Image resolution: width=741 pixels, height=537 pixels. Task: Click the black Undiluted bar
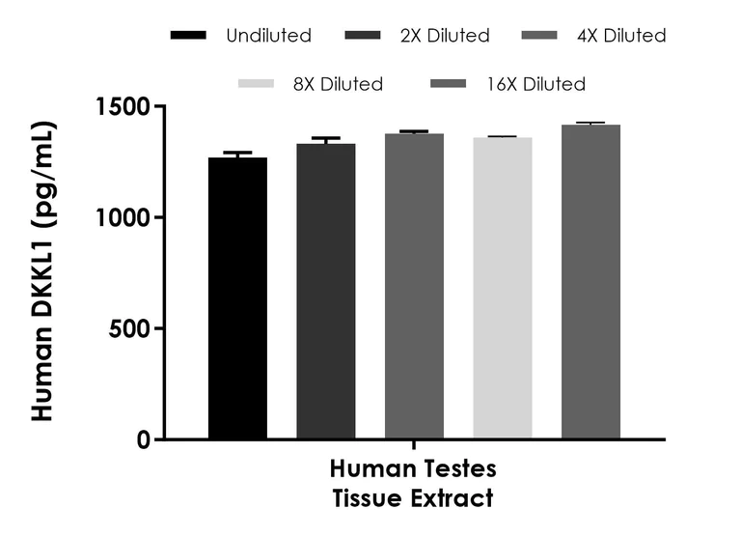pyautogui.click(x=238, y=298)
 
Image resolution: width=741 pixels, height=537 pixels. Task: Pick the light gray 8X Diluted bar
pyautogui.click(x=502, y=289)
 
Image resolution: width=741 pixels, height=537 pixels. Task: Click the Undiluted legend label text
pyautogui.click(x=268, y=36)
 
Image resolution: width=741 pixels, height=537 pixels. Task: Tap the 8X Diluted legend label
pyautogui.click(x=337, y=84)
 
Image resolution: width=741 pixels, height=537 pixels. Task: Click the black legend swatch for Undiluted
pyautogui.click(x=188, y=36)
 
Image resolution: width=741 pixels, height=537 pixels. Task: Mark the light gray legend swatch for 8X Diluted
pyautogui.click(x=258, y=84)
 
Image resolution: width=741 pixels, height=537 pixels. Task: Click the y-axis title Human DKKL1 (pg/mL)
pyautogui.click(x=43, y=272)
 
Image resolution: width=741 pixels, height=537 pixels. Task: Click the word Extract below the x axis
pyautogui.click(x=453, y=499)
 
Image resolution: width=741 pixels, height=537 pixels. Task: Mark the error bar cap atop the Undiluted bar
pyautogui.click(x=238, y=153)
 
